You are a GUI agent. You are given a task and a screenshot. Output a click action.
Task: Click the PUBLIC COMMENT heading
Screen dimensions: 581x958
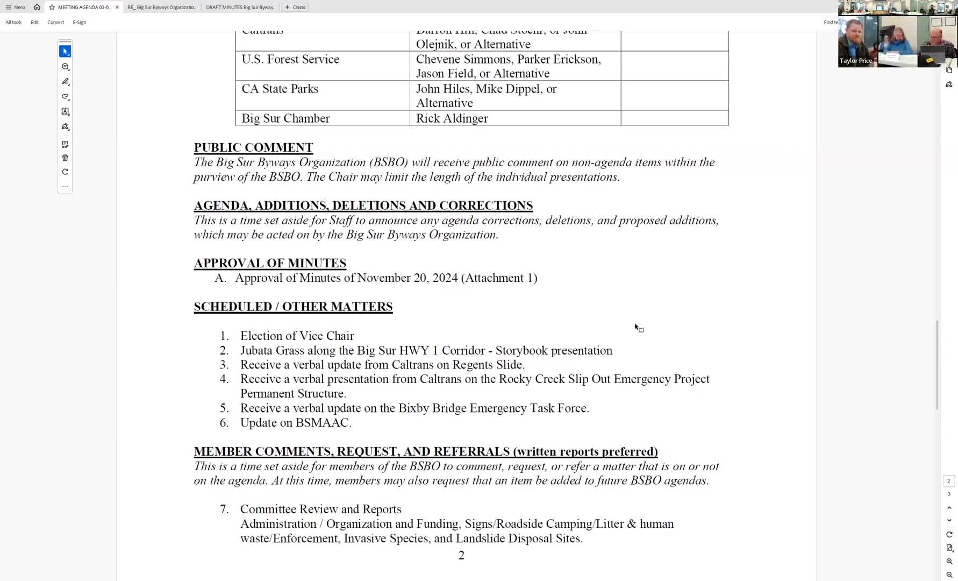[253, 147]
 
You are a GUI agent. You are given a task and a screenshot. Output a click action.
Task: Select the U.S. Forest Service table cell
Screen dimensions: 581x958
[290, 59]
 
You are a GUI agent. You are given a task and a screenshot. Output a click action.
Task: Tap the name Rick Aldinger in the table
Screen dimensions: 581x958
[452, 118]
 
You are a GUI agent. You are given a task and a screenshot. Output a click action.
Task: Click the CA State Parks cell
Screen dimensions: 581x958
[280, 89]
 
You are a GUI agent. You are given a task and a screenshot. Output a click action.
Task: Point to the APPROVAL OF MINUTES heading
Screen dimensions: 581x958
[270, 263]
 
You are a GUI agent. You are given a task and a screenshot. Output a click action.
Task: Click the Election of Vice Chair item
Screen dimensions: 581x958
[297, 336]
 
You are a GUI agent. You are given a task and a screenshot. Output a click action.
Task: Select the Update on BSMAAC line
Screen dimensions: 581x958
[296, 423]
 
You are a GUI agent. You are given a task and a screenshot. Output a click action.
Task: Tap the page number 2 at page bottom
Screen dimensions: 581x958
[461, 556]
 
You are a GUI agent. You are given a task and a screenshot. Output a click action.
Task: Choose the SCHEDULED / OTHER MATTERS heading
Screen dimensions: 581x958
[293, 307]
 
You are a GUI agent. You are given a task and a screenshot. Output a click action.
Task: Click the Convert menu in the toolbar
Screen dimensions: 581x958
[55, 22]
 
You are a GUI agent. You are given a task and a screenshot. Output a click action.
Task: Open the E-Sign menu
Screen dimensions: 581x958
[80, 22]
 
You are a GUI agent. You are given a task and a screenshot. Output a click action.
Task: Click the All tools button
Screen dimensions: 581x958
[13, 22]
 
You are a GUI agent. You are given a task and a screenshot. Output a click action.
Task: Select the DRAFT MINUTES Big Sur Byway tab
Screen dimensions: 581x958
[240, 7]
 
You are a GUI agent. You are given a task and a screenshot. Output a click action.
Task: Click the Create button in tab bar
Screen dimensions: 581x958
[295, 7]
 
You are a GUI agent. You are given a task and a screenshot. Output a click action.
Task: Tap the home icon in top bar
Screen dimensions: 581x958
[37, 7]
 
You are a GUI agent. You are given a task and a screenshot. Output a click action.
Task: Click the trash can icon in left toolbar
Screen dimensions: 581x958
[65, 158]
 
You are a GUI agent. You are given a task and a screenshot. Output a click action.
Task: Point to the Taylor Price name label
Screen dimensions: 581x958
[856, 61]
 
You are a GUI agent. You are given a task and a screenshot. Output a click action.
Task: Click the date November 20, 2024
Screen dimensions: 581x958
[407, 278]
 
